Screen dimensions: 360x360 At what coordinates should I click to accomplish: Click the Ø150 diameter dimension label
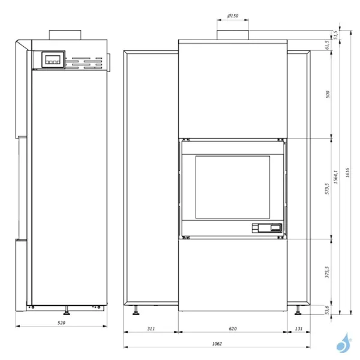coord(233,16)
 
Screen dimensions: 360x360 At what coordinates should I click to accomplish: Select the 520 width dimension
coord(61,323)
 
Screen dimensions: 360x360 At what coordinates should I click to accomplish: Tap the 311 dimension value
coord(151,329)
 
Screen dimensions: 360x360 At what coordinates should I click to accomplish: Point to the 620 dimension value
coord(233,329)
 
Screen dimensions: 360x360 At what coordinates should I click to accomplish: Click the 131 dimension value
coord(298,329)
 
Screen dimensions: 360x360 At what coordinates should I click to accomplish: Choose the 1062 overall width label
coord(217,344)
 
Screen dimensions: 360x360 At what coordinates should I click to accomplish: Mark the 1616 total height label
coord(347,173)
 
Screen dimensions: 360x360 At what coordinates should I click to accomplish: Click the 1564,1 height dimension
coord(335,177)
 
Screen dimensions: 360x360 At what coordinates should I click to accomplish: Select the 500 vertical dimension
coord(328,94)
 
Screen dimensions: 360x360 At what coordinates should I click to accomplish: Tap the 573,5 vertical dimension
coord(327,189)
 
